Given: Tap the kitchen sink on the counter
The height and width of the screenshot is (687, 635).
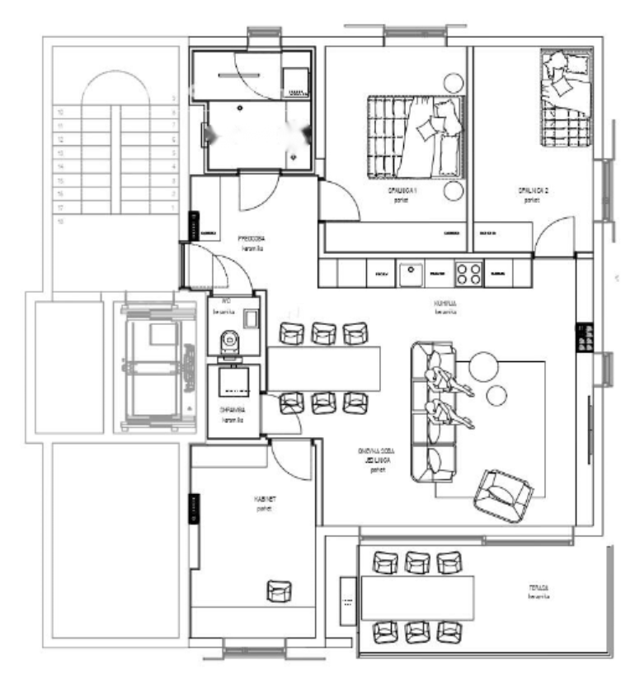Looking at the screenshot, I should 410,273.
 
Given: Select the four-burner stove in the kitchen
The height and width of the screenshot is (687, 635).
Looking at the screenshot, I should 468,273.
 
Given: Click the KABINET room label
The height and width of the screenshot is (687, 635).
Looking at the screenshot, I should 264,500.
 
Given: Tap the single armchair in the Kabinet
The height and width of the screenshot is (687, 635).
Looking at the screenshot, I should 279,591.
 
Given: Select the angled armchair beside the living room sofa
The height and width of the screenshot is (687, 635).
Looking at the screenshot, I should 503,495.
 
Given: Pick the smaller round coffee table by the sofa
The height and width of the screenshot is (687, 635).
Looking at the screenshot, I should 496,396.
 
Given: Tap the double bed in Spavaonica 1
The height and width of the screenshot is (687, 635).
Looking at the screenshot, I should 416,137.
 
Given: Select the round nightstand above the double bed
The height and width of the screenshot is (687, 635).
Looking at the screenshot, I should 452,82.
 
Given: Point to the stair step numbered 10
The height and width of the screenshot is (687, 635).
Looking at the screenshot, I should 59,111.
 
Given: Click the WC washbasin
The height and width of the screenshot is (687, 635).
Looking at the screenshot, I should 250,318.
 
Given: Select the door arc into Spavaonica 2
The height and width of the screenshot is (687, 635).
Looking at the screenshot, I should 551,234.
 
